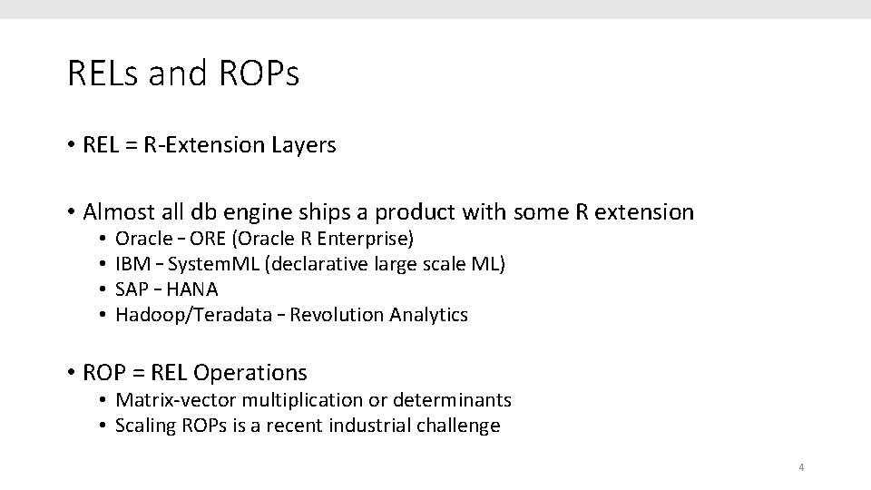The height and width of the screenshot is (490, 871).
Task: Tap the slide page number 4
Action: pos(801,468)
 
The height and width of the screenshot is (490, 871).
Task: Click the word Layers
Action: pos(302,145)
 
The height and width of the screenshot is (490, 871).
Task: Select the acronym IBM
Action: pos(131,264)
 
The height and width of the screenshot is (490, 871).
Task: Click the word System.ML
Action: pos(205,264)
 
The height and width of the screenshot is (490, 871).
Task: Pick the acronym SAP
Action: pos(131,289)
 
